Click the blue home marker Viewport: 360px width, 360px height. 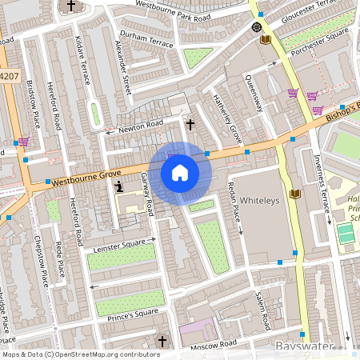coord(180,173)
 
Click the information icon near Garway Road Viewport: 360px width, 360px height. coord(119,186)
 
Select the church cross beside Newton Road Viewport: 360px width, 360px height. coord(190,124)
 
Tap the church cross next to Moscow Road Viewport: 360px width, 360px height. coord(162,342)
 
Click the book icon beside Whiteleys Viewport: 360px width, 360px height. coord(294,194)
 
